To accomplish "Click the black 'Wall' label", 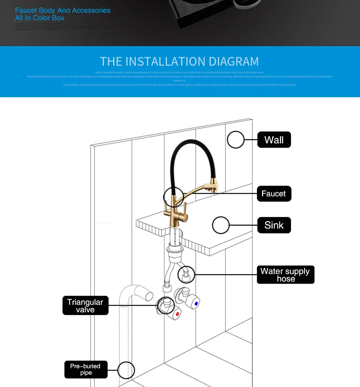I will point(274,140).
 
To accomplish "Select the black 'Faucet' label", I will point(274,194).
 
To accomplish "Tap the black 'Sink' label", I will point(274,225).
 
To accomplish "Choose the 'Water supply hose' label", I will point(285,275).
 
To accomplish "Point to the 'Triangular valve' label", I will point(85,306).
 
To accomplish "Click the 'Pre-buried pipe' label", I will point(85,369).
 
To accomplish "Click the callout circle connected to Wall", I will point(235,140).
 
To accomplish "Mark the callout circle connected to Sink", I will point(220,226).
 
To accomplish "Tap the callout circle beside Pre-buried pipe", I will point(126,370).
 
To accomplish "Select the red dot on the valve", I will point(177,314).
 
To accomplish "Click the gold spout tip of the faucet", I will point(216,188).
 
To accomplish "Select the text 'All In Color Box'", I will point(40,18).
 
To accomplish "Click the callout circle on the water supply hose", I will point(186,275).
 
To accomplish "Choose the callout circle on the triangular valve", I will point(165,305).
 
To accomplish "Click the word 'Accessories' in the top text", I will point(91,11).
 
